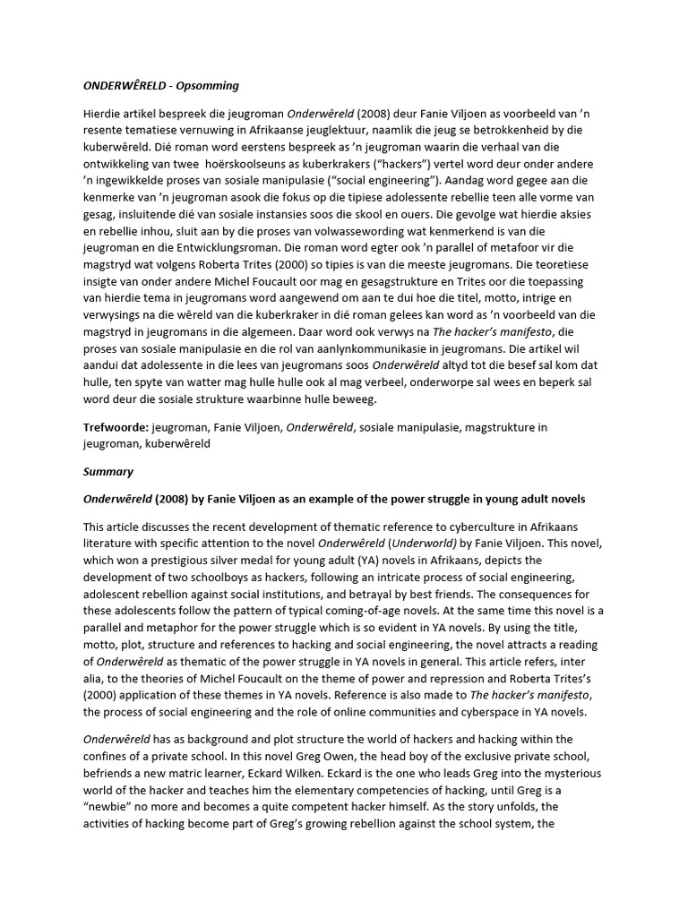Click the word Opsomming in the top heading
click(208, 85)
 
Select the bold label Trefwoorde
click(116, 428)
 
